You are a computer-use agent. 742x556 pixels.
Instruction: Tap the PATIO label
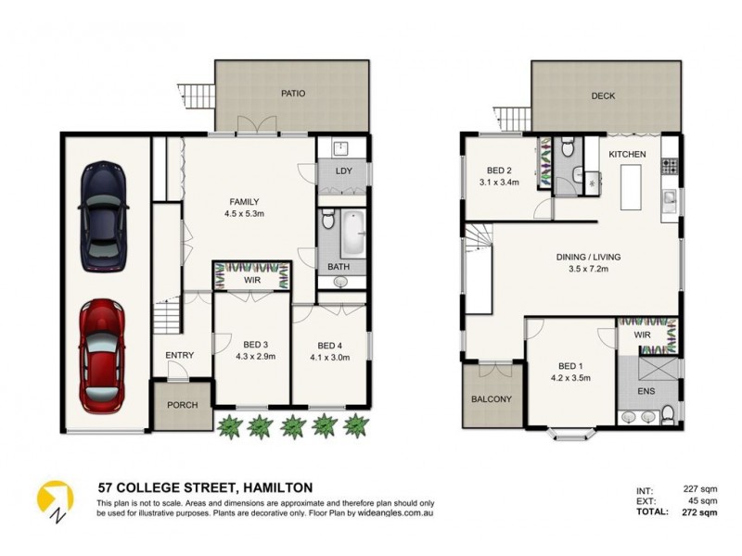tap(293, 94)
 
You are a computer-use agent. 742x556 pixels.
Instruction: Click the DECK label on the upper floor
tap(604, 96)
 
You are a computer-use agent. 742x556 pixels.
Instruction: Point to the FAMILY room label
tap(245, 202)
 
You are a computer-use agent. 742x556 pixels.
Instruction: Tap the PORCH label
tap(183, 406)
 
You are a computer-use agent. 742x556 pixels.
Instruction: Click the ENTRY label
tap(180, 355)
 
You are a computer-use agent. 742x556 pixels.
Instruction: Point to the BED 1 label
tap(570, 365)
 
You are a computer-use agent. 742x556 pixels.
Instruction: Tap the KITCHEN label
tap(627, 153)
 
